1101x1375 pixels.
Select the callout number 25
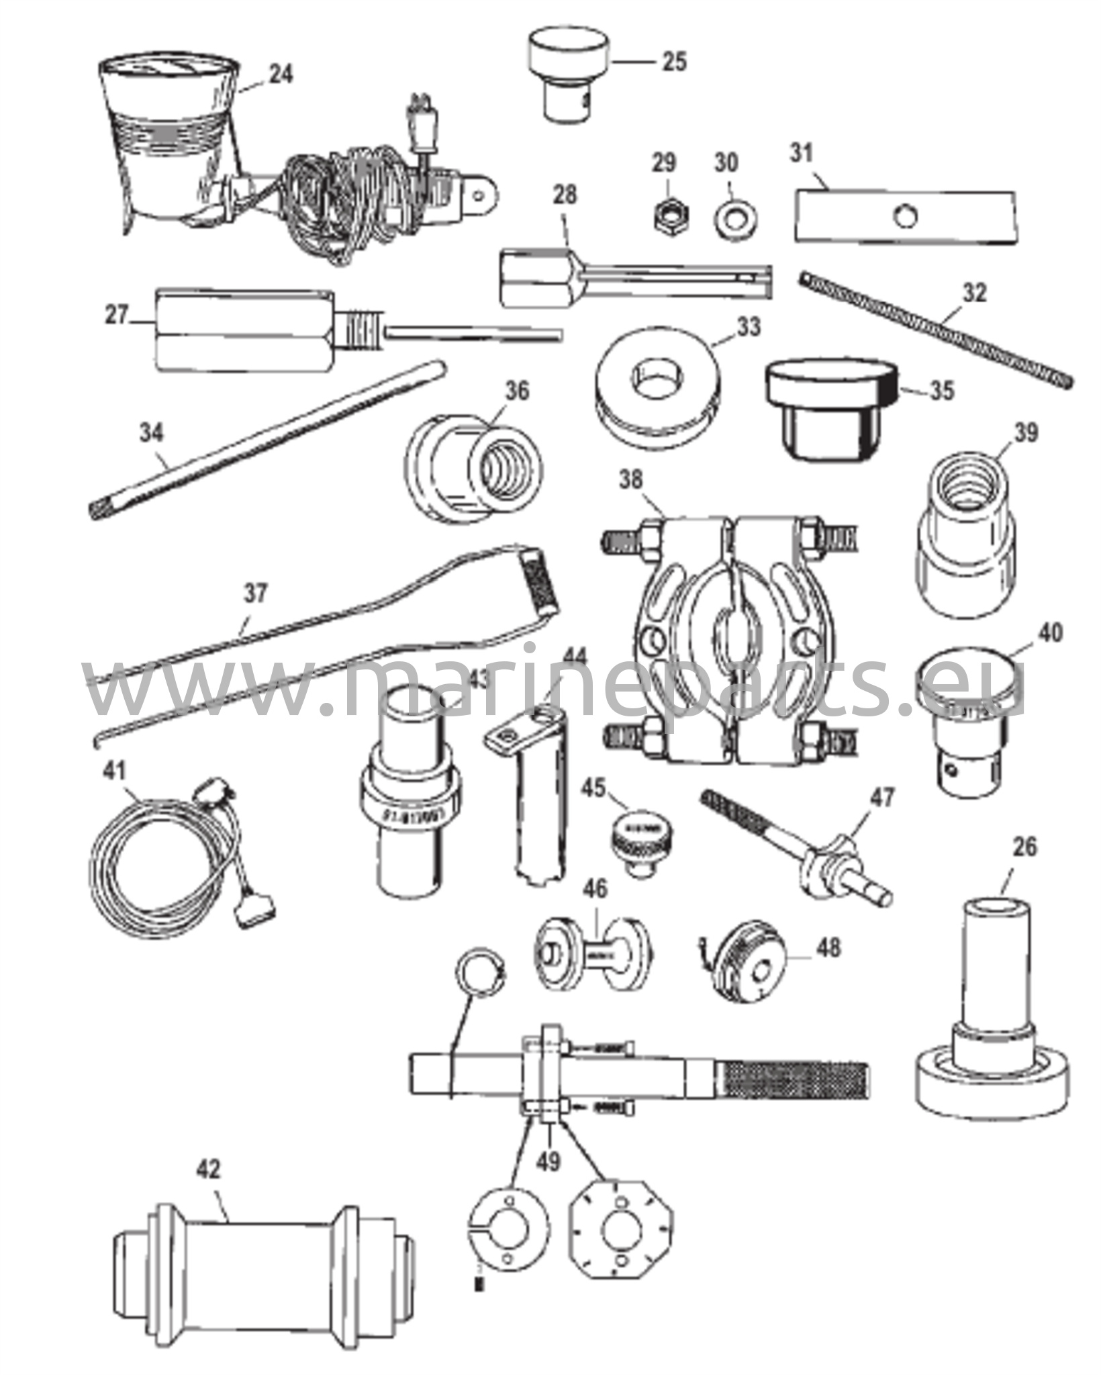point(674,62)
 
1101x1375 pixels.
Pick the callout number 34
point(151,433)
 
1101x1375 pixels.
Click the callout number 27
point(117,316)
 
